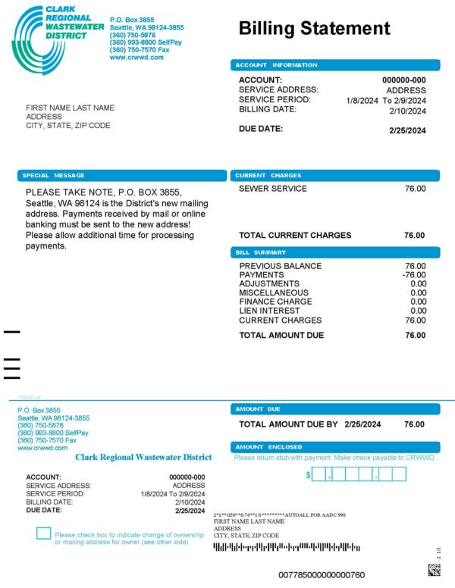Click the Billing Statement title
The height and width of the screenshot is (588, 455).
coord(314,29)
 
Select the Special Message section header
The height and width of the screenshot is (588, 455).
coord(121,175)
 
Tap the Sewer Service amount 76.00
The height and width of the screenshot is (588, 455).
coord(415,189)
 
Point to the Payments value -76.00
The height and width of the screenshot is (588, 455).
coord(413,275)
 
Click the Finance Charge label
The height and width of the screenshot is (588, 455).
coord(275,302)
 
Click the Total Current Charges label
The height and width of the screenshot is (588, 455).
coord(295,235)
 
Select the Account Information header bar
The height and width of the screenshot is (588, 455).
coord(334,65)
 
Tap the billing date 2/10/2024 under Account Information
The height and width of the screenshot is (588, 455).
coord(408,111)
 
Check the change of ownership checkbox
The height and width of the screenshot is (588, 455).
coord(43,533)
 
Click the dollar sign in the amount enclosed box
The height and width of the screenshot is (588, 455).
coord(309,475)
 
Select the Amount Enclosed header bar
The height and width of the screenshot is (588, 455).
coord(334,447)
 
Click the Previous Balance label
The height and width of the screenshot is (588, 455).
coord(280,266)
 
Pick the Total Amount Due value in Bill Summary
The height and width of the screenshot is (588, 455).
coord(415,335)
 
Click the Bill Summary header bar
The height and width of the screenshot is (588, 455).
coord(334,252)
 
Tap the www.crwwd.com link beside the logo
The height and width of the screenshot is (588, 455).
coord(136,57)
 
